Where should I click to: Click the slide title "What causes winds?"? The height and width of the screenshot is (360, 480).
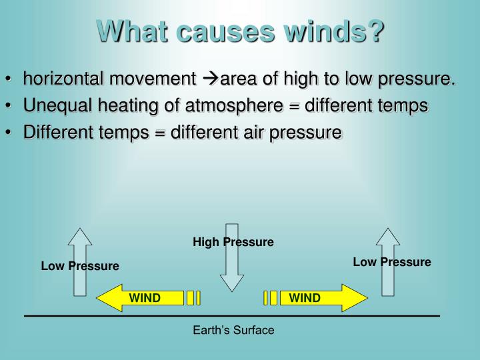click(241, 31)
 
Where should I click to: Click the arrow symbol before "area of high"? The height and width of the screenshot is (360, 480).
click(209, 80)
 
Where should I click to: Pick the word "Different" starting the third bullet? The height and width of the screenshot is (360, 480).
click(56, 132)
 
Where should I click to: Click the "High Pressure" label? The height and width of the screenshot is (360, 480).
click(233, 242)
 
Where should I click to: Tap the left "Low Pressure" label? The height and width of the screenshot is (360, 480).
click(80, 266)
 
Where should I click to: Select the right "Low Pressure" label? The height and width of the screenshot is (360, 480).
click(392, 262)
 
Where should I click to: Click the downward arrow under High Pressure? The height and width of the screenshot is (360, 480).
click(232, 260)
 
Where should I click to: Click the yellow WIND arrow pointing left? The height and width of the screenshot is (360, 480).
click(140, 298)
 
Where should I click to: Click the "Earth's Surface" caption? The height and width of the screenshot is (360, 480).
click(233, 330)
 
